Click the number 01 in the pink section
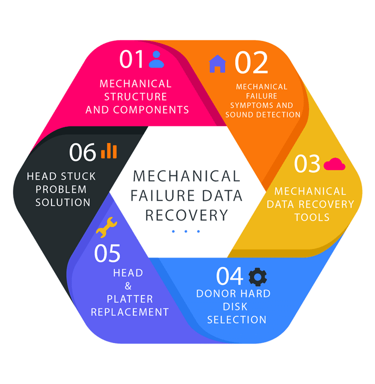tap(132, 59)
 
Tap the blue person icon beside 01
tap(156, 59)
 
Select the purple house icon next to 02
tap(217, 63)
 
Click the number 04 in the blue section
tap(230, 276)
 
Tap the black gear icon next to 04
tap(258, 276)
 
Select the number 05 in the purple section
tap(107, 253)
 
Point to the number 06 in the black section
tap(82, 152)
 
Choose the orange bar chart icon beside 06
tap(108, 151)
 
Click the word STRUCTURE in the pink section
tap(135, 96)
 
